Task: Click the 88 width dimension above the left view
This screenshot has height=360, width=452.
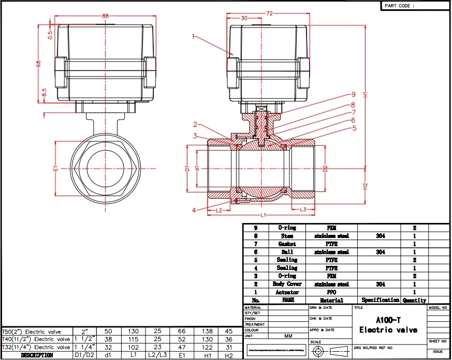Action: [x=106, y=17]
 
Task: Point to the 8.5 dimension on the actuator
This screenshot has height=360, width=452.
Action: [x=44, y=93]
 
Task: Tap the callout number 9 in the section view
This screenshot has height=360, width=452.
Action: [x=354, y=95]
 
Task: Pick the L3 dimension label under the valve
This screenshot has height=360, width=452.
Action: [x=303, y=209]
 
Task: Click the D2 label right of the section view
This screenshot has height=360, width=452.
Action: [x=325, y=169]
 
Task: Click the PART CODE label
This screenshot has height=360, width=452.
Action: [x=400, y=6]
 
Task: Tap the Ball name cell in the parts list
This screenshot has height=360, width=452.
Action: [x=287, y=252]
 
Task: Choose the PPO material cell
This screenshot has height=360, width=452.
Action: [x=332, y=292]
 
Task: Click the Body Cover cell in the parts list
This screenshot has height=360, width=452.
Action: [x=287, y=284]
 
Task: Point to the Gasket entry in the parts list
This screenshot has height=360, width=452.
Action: [x=287, y=244]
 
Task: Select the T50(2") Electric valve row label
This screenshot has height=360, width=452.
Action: [x=32, y=331]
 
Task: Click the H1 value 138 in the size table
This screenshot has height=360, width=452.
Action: [x=207, y=331]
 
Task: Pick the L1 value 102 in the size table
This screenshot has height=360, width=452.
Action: [x=133, y=347]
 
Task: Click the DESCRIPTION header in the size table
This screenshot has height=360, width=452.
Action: [x=37, y=355]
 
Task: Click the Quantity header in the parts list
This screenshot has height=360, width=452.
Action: [x=414, y=300]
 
